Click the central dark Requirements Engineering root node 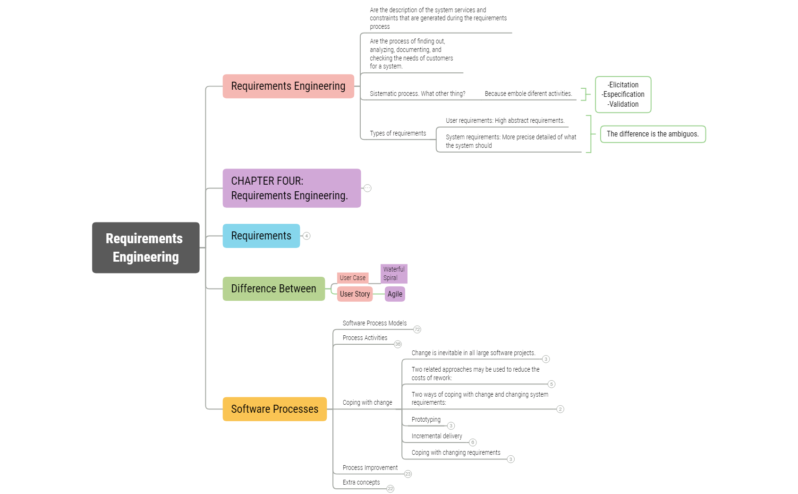(x=145, y=247)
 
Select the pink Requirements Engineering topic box (x=288, y=86)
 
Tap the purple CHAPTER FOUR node (x=291, y=188)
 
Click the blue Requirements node (x=261, y=236)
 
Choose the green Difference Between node (x=273, y=289)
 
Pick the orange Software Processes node (x=274, y=409)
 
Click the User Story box (x=355, y=294)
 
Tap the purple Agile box (x=395, y=294)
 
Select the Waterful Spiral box (x=394, y=273)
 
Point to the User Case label (x=352, y=278)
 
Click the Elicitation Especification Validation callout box (x=623, y=94)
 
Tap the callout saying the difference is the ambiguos (x=653, y=134)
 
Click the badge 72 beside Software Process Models (x=417, y=330)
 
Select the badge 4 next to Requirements (x=306, y=236)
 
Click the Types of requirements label (x=398, y=133)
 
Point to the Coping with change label (x=367, y=402)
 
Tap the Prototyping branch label (x=426, y=419)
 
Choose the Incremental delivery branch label (x=437, y=436)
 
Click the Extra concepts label (x=361, y=482)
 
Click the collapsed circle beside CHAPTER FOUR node (x=367, y=188)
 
